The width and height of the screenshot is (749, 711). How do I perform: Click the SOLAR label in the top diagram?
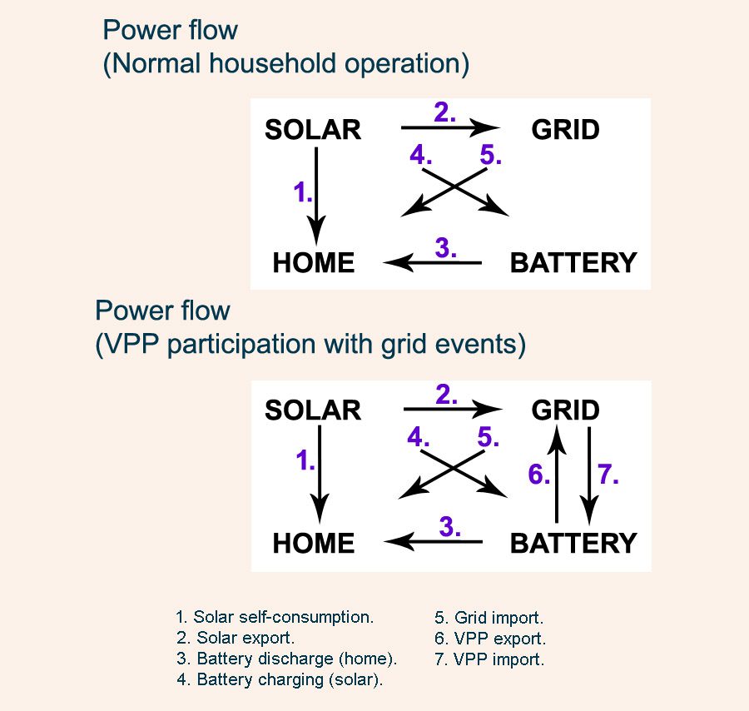point(313,130)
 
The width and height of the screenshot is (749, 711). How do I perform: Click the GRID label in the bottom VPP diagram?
point(565,410)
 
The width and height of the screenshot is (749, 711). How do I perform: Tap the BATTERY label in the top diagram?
point(573,263)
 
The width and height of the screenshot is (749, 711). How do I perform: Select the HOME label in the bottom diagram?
point(314,544)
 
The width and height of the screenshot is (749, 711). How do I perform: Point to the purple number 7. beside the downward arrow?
point(608,475)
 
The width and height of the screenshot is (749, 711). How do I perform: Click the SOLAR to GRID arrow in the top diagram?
point(449,128)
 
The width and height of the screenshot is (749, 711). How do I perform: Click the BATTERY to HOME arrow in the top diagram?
point(433,264)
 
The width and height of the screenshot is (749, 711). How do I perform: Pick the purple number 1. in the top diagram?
point(303,193)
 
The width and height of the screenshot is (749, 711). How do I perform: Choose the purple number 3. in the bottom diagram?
point(449,526)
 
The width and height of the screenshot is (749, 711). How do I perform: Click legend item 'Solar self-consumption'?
point(275,617)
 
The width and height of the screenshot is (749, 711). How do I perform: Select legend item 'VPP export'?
point(490,639)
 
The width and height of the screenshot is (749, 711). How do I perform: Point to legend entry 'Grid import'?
point(489,618)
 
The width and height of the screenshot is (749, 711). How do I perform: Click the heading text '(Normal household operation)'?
point(285,64)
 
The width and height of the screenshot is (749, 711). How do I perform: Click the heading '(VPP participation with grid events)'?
point(310,345)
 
